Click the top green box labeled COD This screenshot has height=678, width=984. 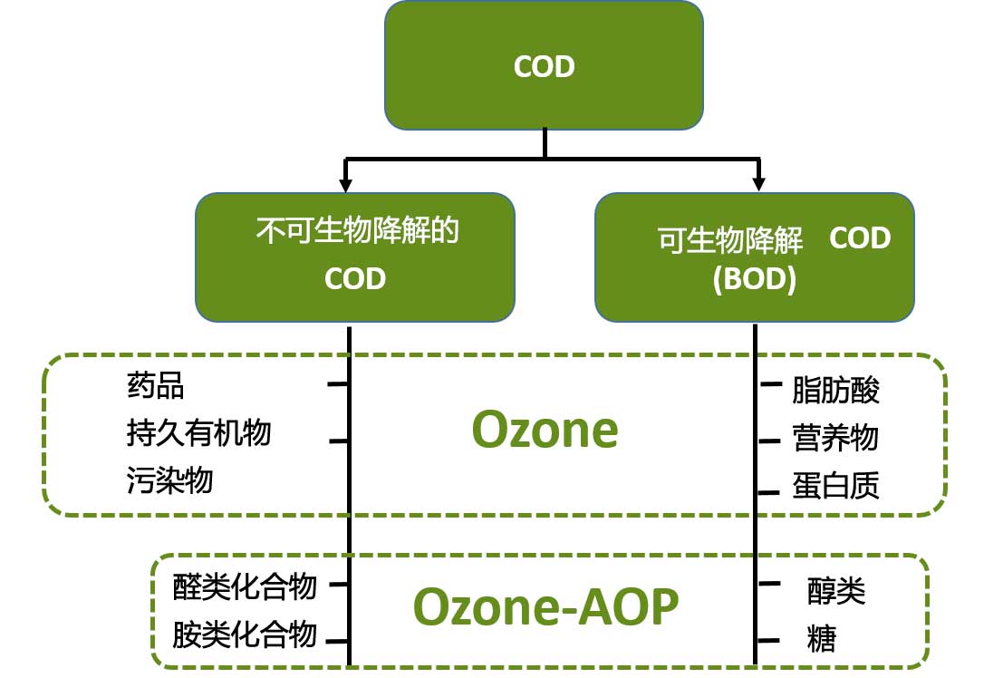click(544, 65)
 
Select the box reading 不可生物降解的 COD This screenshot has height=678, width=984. click(355, 257)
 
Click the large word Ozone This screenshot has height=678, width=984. click(545, 431)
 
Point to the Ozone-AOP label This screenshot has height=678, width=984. click(545, 607)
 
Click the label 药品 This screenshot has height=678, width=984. click(155, 386)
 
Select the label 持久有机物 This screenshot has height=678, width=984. click(198, 433)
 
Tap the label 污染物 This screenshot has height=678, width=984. click(169, 479)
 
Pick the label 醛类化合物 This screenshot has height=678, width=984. click(245, 587)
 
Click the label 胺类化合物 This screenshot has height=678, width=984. click(245, 634)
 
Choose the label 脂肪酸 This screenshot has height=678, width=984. click(835, 391)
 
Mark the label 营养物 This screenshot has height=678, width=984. click(835, 438)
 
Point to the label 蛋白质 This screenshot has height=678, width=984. click(835, 486)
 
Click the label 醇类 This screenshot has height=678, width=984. click(836, 592)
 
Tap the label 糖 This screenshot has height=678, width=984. click(822, 639)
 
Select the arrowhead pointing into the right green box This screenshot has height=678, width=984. click(758, 185)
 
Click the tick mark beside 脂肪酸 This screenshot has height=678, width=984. click(769, 385)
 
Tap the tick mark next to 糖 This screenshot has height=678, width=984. click(769, 641)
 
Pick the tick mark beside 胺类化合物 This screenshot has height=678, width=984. click(337, 641)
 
